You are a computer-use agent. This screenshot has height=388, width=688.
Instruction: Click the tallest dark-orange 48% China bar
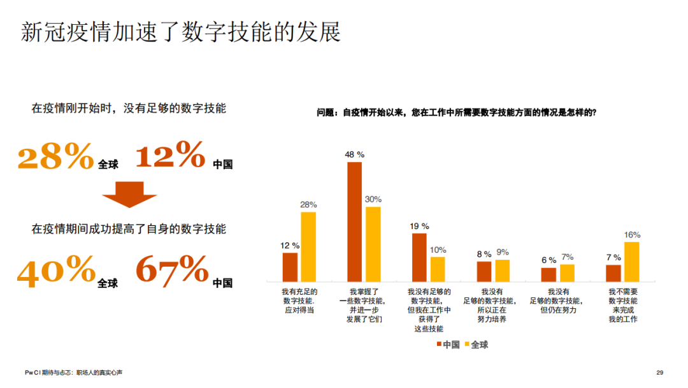355,222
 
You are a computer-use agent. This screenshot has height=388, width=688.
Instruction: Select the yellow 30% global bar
373,244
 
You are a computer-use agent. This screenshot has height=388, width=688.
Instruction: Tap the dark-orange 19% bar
419,257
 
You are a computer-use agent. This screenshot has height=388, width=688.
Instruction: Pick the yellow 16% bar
632,262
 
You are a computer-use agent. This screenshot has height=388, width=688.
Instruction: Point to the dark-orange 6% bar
548,274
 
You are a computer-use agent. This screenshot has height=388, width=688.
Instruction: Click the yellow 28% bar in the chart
308,247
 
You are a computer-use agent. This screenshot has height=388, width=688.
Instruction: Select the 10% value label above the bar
438,250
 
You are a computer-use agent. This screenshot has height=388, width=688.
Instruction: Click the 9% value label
503,252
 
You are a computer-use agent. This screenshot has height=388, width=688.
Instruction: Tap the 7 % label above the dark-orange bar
613,257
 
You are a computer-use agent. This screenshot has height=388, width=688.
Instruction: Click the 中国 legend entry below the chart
448,345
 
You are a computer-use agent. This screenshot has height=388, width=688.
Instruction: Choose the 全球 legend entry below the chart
476,345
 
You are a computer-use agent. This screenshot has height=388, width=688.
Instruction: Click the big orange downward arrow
129,194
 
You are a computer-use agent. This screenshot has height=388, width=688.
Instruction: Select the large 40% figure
56,271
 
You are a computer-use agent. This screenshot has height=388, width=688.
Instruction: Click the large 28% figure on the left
55,156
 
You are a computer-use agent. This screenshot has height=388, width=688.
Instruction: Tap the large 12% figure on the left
170,154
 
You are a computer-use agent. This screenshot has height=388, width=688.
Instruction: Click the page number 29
659,373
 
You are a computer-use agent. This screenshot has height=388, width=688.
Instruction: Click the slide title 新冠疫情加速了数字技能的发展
181,32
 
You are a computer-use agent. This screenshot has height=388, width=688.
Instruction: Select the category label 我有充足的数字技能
299,301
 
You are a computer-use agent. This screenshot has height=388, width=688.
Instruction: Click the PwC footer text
74,373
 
